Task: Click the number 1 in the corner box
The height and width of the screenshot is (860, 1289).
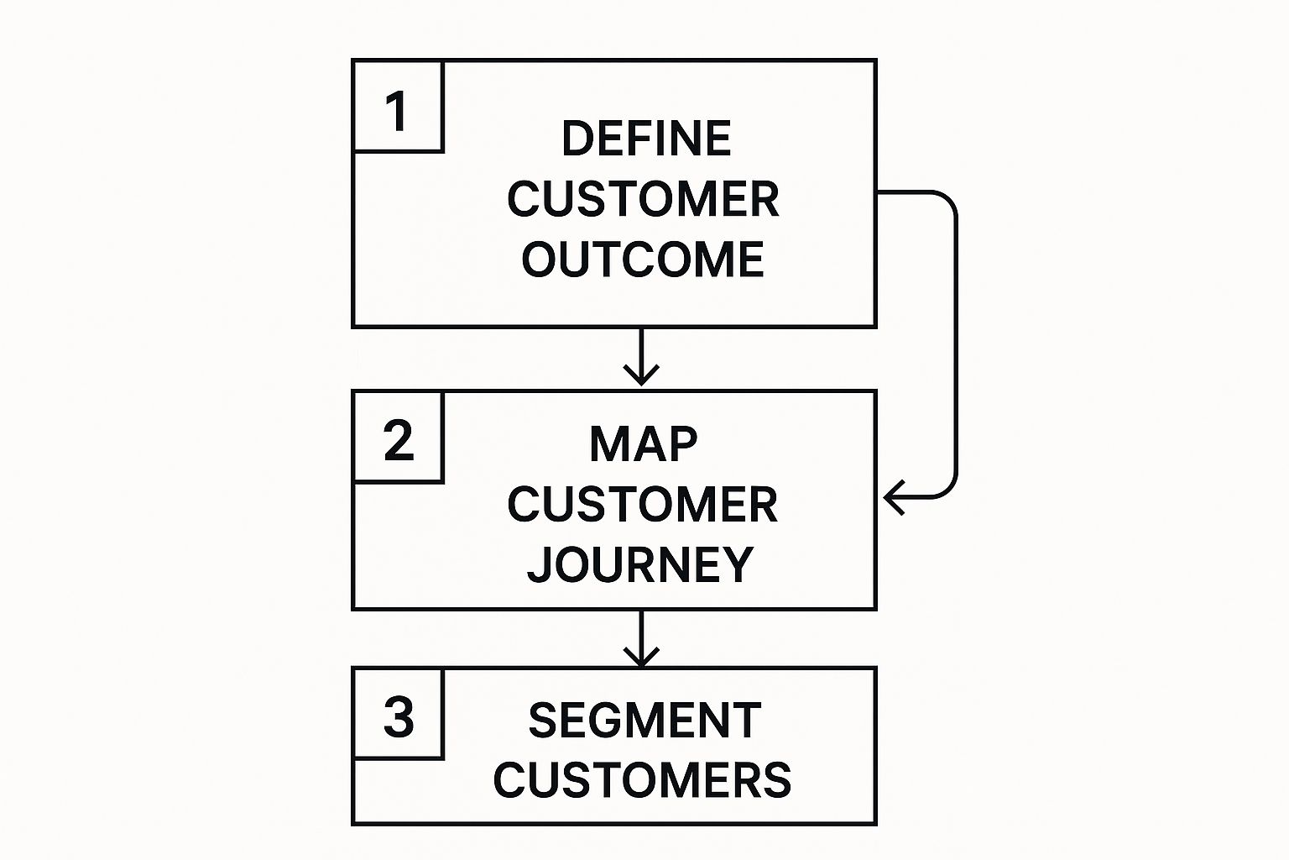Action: pos(396,112)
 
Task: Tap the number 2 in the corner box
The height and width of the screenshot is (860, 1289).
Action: pos(398,440)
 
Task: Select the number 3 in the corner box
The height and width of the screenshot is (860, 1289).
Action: pos(398,717)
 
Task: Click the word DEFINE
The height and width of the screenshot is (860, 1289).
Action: pos(645,139)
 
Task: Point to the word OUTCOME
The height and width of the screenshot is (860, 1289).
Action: pos(642,260)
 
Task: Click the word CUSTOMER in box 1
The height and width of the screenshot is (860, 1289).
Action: pos(643,199)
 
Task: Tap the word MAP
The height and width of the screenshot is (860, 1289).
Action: pos(643,444)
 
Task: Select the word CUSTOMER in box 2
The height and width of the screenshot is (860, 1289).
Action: pos(642,505)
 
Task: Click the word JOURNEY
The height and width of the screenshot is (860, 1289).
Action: pos(640,565)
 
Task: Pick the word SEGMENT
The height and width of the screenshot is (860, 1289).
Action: pos(644,721)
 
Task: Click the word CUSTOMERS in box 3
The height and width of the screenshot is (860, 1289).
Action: pos(642,780)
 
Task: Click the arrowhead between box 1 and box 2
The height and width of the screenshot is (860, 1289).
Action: pos(641,375)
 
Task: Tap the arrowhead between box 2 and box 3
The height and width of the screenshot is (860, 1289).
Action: pos(641,657)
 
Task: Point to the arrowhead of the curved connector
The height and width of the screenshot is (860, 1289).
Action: pos(893,497)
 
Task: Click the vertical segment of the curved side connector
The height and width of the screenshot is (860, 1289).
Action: pos(956,344)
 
